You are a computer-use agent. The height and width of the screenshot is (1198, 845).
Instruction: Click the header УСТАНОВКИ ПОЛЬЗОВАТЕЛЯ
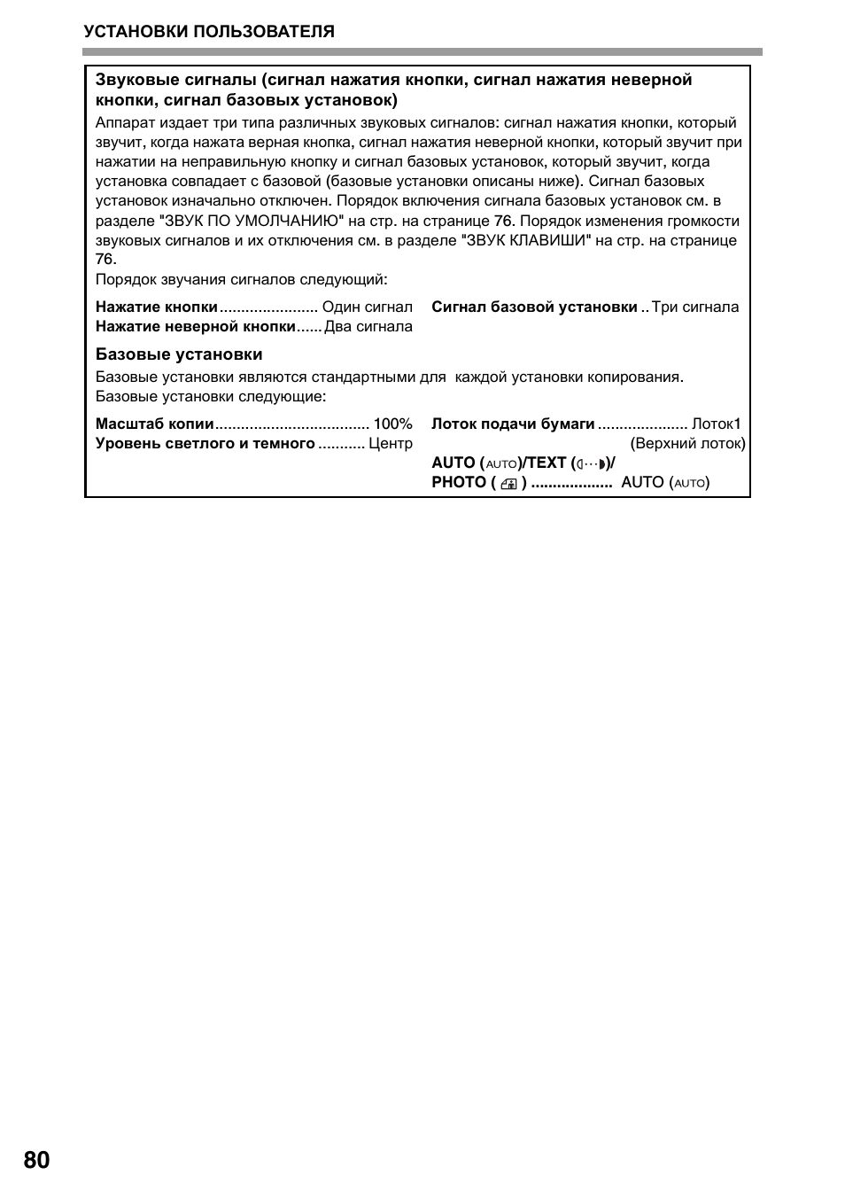pos(209,32)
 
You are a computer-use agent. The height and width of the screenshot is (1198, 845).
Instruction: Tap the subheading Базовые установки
pos(179,354)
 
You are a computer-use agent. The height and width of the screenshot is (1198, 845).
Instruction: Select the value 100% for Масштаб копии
pos(393,424)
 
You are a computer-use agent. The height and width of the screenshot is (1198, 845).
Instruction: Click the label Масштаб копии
pos(155,424)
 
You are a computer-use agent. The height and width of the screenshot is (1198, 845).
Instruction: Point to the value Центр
pos(391,443)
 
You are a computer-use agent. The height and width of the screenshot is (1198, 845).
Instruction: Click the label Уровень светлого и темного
pos(205,443)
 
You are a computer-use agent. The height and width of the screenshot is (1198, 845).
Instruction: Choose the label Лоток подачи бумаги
pos(513,424)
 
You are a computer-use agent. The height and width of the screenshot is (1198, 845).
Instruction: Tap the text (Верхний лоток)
pos(687,443)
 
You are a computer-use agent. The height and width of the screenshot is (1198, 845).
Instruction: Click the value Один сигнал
pos(368,307)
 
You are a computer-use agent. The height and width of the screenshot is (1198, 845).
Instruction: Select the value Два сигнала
pos(368,326)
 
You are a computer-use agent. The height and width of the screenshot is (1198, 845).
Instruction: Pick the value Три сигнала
pos(695,307)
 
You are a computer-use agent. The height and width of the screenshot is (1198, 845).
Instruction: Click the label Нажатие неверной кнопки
pos(196,326)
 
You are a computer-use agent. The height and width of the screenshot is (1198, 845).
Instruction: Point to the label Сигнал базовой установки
pos(534,307)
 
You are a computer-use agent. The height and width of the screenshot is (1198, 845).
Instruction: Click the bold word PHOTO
pos(459,482)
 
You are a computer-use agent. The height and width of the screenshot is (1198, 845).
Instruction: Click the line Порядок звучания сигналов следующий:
pos(242,279)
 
